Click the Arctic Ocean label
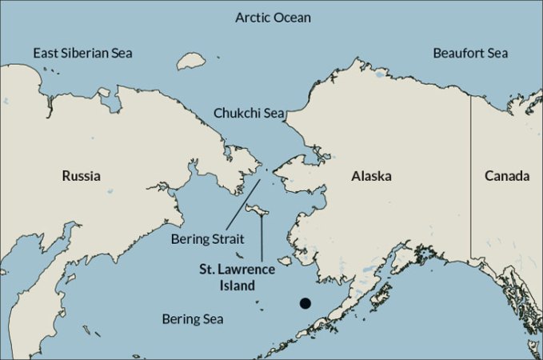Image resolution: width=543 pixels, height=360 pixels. coord(273,17)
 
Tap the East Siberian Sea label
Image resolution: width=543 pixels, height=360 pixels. coord(82,53)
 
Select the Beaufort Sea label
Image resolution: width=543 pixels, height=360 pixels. coord(470,53)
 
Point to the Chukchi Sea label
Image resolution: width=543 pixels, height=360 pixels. coord(250,114)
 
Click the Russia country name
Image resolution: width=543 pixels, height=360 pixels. coord(82,175)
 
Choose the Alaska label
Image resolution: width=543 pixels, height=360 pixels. coord(371,175)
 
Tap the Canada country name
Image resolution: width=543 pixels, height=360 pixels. coord(507,175)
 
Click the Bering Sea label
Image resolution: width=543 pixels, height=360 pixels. coord(193,318)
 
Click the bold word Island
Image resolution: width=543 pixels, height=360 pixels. coord(238,285)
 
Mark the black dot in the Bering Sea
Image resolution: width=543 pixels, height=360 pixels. coord(305,302)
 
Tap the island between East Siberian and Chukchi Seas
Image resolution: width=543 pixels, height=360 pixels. coord(190,61)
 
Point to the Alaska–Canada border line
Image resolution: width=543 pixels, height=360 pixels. coord(470,176)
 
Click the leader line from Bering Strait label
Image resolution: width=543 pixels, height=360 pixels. coord(245,204)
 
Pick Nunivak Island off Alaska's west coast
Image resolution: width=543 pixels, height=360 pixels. coord(285,259)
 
